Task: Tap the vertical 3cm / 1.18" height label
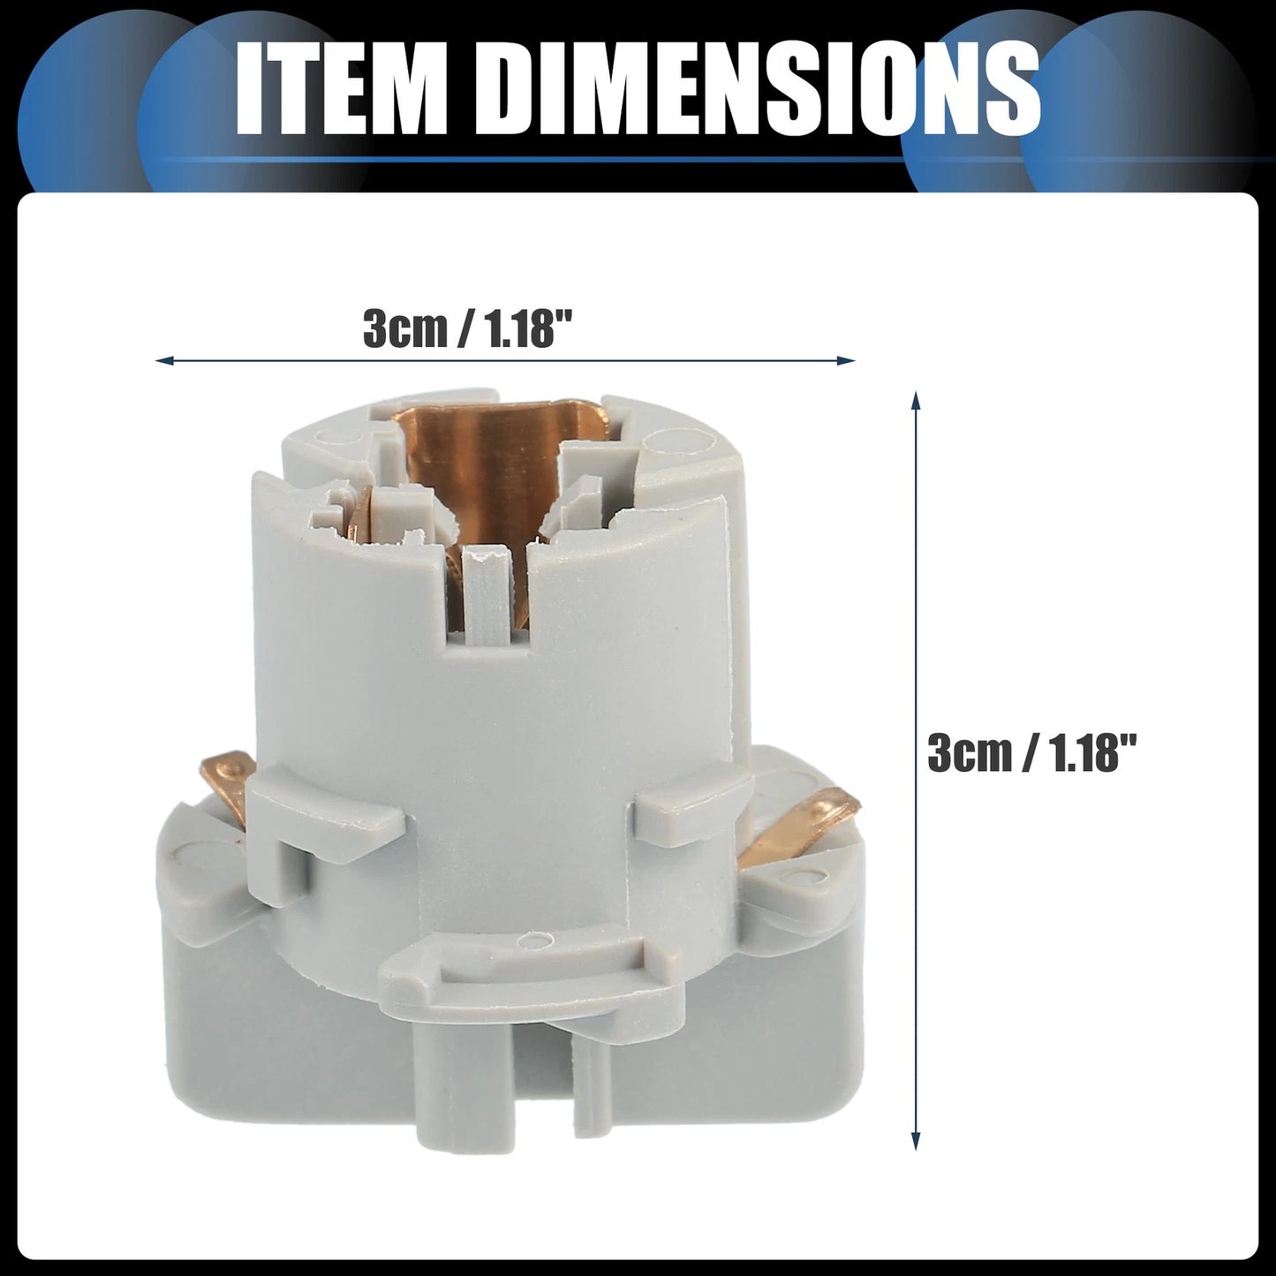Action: click(x=1031, y=753)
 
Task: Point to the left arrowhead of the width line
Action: click(x=163, y=361)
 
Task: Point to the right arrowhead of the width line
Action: click(x=847, y=361)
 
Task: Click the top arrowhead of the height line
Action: click(x=916, y=401)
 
